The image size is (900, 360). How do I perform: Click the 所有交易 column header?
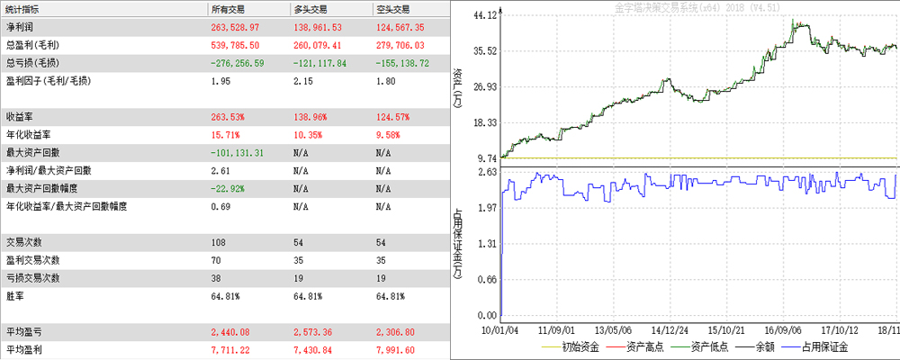pos(229,9)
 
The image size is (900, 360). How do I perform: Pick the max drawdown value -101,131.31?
pos(237,153)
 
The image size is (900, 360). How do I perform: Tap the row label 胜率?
pos(15,296)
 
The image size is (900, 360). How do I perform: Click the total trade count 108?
pos(218,242)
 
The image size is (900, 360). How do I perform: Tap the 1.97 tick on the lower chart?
pos(487,208)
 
